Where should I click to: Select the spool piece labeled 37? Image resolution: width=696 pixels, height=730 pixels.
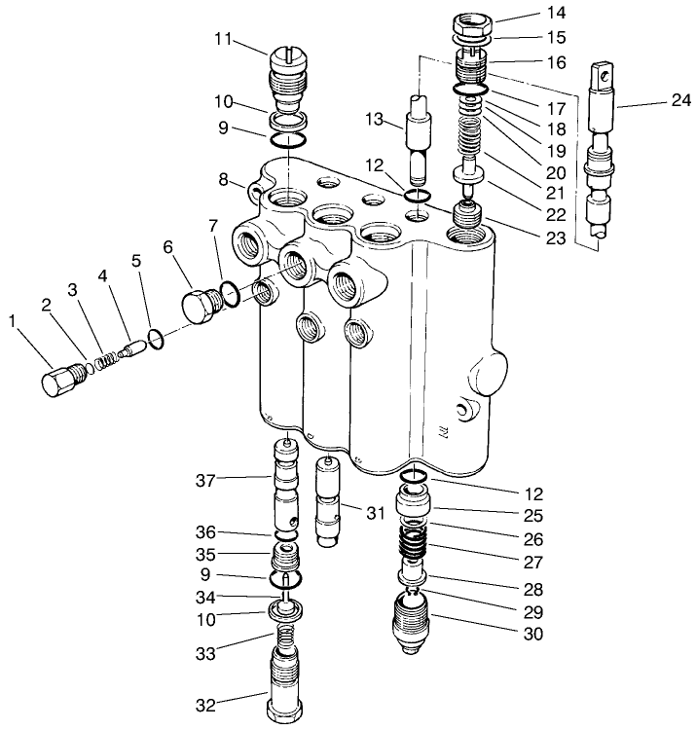(x=285, y=483)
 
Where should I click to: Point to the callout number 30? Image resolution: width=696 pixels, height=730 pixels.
(x=531, y=634)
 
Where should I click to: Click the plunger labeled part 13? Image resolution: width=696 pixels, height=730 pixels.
(x=423, y=139)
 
